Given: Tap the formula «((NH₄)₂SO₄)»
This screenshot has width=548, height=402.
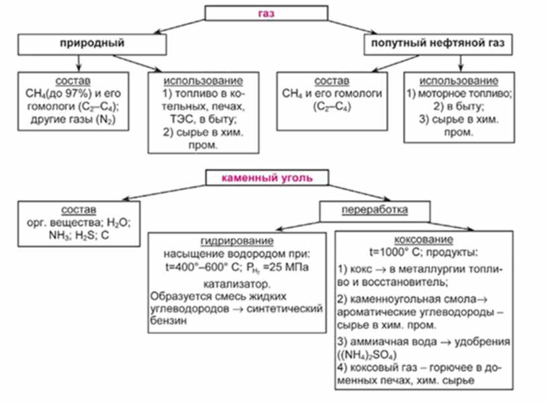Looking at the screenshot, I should [x=369, y=354].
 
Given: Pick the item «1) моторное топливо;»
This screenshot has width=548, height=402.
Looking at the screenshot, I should [x=459, y=93].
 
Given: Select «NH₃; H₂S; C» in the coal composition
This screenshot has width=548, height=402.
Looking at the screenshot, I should [x=80, y=236].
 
